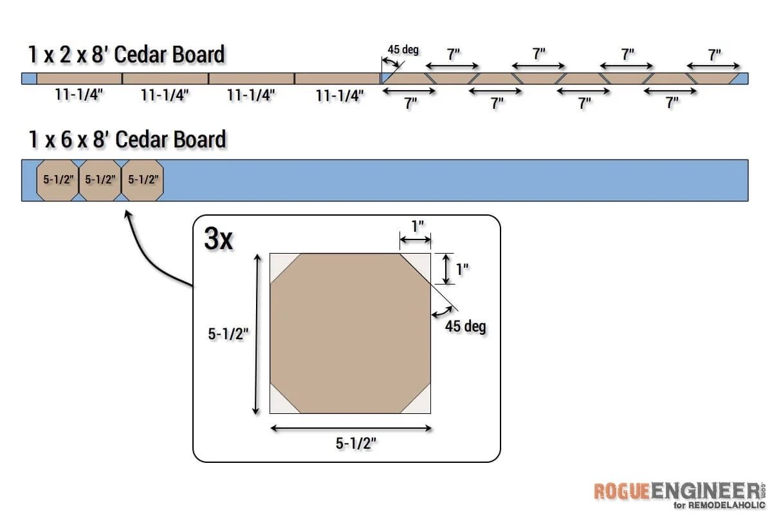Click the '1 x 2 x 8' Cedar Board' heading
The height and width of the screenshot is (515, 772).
pyautogui.click(x=126, y=54)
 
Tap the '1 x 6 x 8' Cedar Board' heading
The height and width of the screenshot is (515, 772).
pyautogui.click(x=127, y=139)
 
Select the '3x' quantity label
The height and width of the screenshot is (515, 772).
pyautogui.click(x=219, y=238)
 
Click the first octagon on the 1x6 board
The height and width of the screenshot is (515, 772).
pyautogui.click(x=57, y=180)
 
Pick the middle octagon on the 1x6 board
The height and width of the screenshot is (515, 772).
pyautogui.click(x=100, y=180)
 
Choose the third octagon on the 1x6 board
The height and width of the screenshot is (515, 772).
pyautogui.click(x=142, y=180)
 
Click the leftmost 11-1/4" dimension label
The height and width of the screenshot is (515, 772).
pyautogui.click(x=79, y=94)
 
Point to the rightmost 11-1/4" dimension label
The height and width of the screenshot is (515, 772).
pyautogui.click(x=340, y=95)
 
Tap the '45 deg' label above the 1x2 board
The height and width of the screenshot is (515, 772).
pyautogui.click(x=403, y=50)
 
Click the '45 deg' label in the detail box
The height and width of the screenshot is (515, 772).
pyautogui.click(x=465, y=326)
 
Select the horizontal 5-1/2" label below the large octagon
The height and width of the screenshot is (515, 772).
pyautogui.click(x=356, y=444)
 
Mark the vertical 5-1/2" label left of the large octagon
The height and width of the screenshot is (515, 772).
pyautogui.click(x=228, y=333)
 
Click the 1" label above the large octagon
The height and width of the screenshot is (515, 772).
pyautogui.click(x=418, y=227)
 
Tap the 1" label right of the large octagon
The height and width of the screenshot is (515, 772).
pyautogui.click(x=462, y=269)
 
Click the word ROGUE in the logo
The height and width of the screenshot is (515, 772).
pyautogui.click(x=621, y=491)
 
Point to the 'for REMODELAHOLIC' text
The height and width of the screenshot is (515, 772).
pyautogui.click(x=719, y=505)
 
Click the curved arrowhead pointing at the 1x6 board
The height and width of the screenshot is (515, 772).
pyautogui.click(x=127, y=214)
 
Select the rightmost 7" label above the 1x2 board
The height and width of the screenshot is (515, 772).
pyautogui.click(x=715, y=55)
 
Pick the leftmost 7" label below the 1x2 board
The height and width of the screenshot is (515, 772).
pyautogui.click(x=410, y=103)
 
